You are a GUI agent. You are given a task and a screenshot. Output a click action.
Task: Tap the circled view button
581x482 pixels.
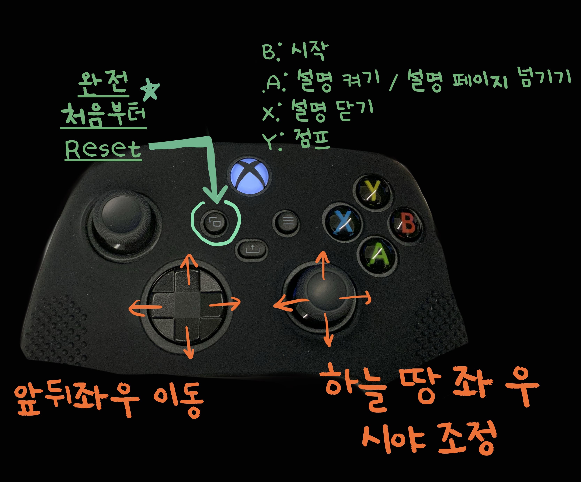click(x=215, y=222)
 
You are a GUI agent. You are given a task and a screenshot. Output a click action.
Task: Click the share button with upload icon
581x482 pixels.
click(x=251, y=250)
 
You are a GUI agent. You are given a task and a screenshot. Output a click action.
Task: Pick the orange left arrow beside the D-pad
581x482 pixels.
click(x=144, y=307)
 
